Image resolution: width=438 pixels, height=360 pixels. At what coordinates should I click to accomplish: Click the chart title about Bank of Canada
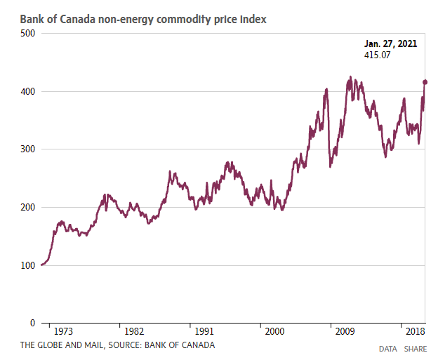pyautogui.click(x=143, y=20)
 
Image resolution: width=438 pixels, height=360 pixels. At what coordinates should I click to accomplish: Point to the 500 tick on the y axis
pyautogui.click(x=27, y=34)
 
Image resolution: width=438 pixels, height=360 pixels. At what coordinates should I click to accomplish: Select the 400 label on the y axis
pyautogui.click(x=27, y=92)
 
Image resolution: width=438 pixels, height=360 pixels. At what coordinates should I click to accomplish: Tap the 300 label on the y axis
pyautogui.click(x=27, y=149)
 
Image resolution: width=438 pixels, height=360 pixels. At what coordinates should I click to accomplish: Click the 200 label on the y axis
pyautogui.click(x=27, y=207)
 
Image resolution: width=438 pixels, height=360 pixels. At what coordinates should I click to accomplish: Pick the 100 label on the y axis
pyautogui.click(x=27, y=265)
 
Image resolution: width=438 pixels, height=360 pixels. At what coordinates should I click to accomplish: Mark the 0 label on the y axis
pyautogui.click(x=33, y=323)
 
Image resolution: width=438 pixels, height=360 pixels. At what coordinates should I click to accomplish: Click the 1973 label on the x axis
pyautogui.click(x=63, y=331)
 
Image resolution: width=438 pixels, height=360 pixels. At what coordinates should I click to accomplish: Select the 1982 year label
pyautogui.click(x=134, y=331)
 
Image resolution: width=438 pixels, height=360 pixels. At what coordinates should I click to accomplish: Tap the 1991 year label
pyautogui.click(x=204, y=331)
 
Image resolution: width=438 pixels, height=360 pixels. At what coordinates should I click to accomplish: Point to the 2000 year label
pyautogui.click(x=274, y=331)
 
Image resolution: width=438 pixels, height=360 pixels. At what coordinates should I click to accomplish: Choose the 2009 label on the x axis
pyautogui.click(x=345, y=331)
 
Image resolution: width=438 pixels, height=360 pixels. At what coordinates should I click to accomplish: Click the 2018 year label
pyautogui.click(x=416, y=331)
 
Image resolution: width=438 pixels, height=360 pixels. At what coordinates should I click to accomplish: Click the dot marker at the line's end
pyautogui.click(x=425, y=82)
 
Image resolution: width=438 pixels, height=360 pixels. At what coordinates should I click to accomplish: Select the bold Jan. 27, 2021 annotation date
pyautogui.click(x=390, y=44)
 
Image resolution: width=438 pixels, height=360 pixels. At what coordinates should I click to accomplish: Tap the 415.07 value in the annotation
pyautogui.click(x=377, y=55)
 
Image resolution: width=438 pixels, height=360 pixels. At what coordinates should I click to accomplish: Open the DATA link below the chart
pyautogui.click(x=388, y=349)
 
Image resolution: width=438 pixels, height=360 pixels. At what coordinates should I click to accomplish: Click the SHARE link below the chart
pyautogui.click(x=416, y=349)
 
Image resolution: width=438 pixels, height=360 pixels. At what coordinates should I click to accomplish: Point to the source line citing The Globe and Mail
pyautogui.click(x=117, y=345)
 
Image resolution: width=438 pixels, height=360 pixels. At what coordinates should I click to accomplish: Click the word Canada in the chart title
pyautogui.click(x=77, y=20)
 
